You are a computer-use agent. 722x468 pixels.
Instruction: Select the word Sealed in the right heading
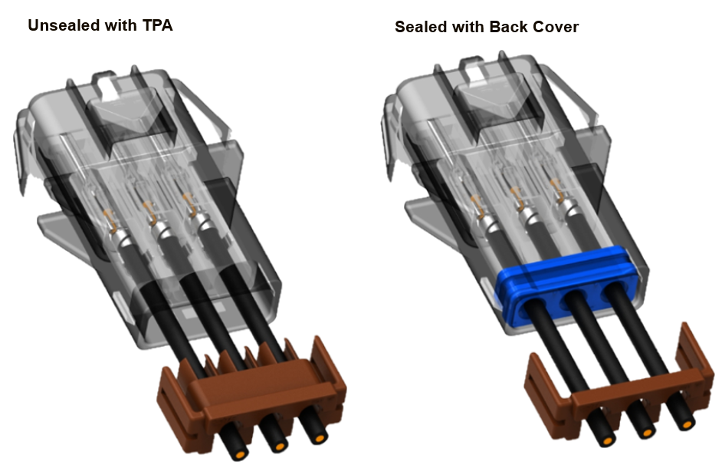[x=420, y=28]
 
